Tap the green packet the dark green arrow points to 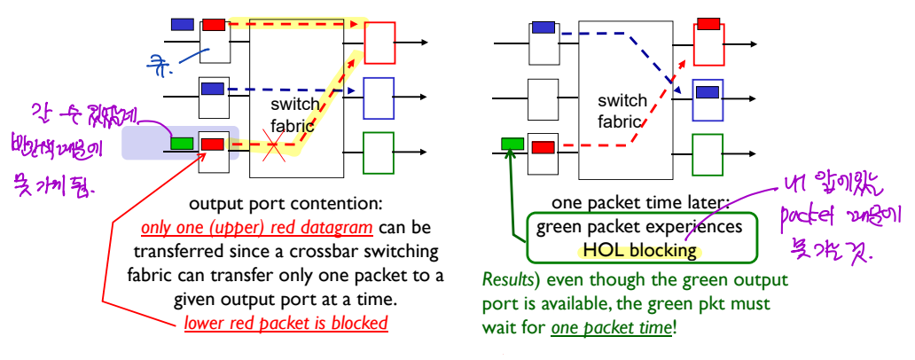pyautogui.click(x=512, y=144)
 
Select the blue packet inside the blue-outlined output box pyautogui.click(x=708, y=91)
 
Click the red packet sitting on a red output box pyautogui.click(x=708, y=24)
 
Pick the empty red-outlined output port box pyautogui.click(x=379, y=43)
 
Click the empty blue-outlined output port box pyautogui.click(x=379, y=98)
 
